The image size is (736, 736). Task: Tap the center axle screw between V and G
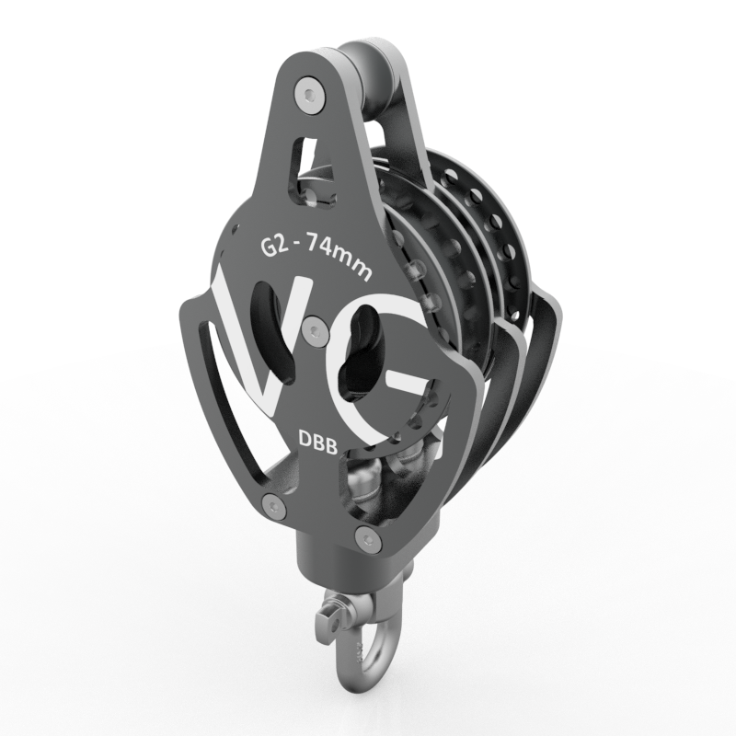click(x=315, y=330)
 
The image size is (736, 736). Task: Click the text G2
click(x=273, y=247)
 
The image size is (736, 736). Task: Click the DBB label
click(x=318, y=443)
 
